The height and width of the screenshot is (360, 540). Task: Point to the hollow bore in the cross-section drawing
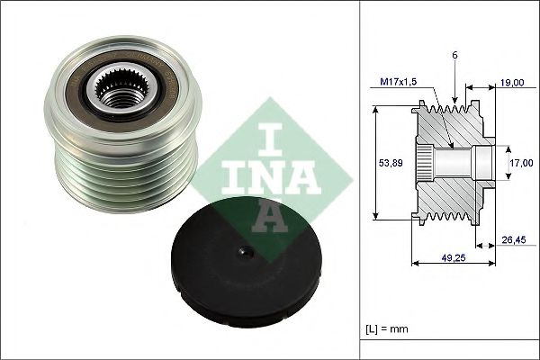click(459, 163)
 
